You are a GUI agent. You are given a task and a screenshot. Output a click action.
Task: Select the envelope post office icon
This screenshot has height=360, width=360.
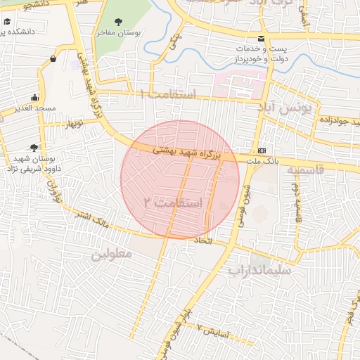262,38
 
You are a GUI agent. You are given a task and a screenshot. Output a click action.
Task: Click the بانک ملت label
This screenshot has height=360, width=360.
263,162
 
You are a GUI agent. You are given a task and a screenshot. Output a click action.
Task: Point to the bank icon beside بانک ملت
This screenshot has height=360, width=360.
262,150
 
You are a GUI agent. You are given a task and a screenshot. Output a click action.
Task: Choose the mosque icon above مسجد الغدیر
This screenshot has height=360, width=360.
35,98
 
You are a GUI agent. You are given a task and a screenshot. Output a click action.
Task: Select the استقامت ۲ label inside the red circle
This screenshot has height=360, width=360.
172,202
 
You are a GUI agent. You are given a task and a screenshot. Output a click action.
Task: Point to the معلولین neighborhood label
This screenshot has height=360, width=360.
111,254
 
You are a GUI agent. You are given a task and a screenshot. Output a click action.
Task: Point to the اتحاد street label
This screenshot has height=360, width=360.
221,241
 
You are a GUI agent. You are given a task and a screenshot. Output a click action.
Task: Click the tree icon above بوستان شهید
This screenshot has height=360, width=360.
34,148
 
